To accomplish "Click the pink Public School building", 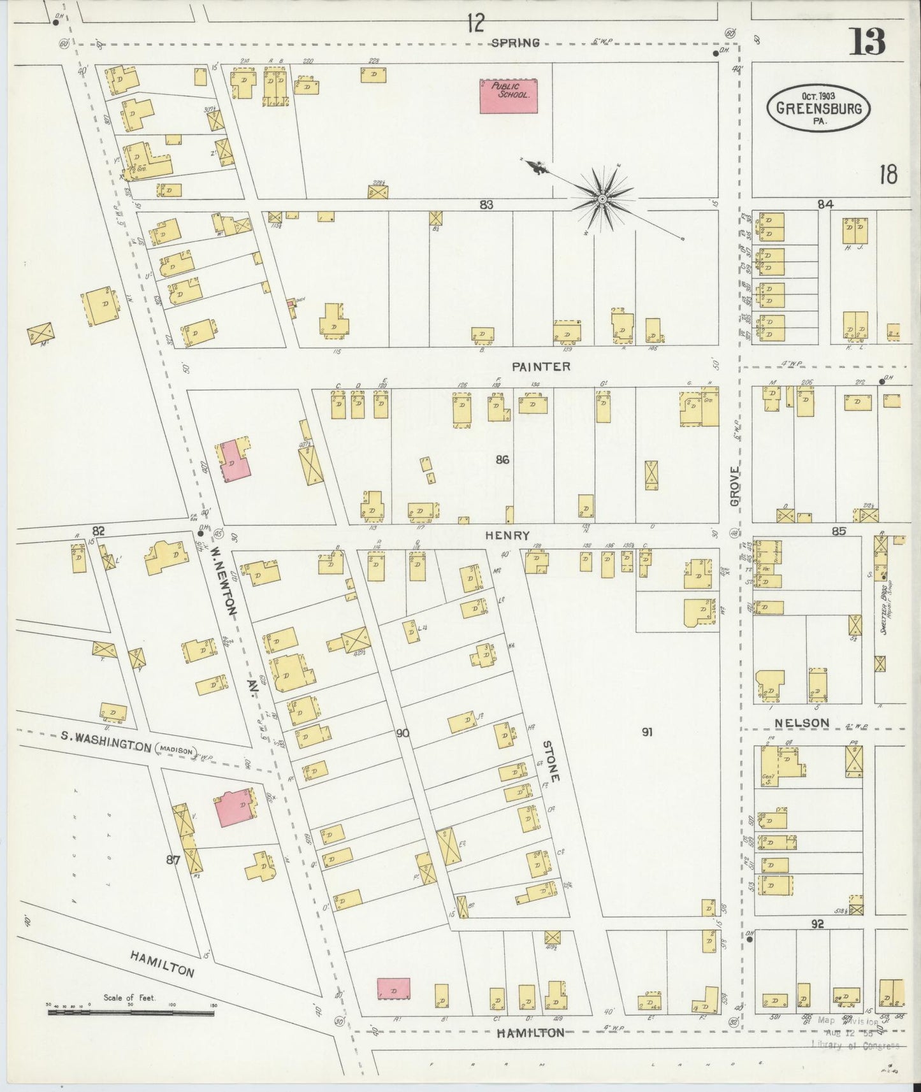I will point(508,96).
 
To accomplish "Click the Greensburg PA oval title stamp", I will point(818,108).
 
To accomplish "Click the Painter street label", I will point(540,366).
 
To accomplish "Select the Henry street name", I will point(507,536).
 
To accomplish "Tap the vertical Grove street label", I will point(734,485).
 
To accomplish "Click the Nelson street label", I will point(802,722).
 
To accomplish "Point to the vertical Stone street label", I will point(552,761).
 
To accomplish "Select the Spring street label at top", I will point(516,43).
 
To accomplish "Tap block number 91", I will point(646,732).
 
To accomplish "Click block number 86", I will point(502,459).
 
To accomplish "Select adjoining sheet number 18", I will point(888,174).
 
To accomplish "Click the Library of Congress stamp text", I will point(855,1045).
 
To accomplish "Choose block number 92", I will point(817,923).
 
